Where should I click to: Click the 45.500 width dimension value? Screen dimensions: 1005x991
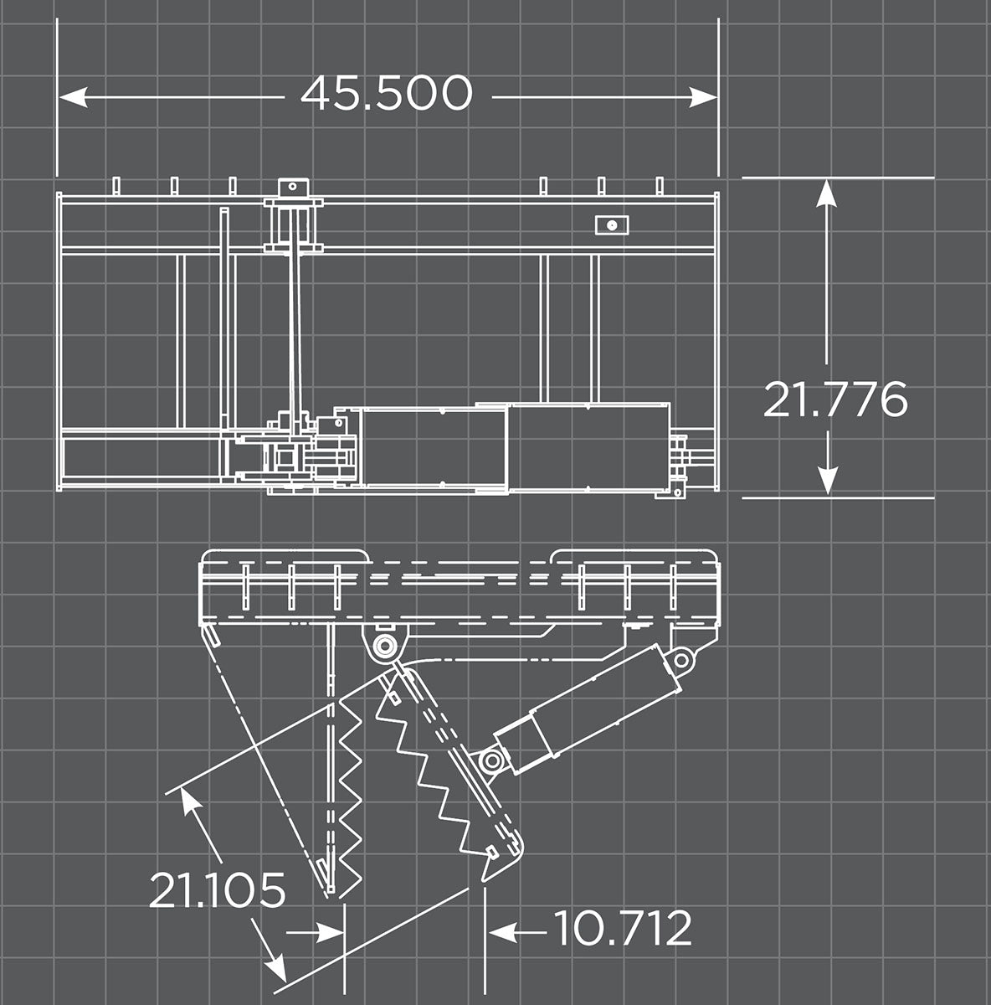tap(387, 94)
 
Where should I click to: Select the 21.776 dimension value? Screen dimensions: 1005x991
tap(835, 399)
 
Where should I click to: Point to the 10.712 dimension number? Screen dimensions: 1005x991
tap(624, 928)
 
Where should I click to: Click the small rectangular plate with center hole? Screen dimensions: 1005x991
tap(613, 224)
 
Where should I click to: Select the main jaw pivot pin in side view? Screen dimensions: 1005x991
tap(385, 646)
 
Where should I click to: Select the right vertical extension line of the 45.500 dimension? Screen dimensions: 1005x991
tap(718, 92)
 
